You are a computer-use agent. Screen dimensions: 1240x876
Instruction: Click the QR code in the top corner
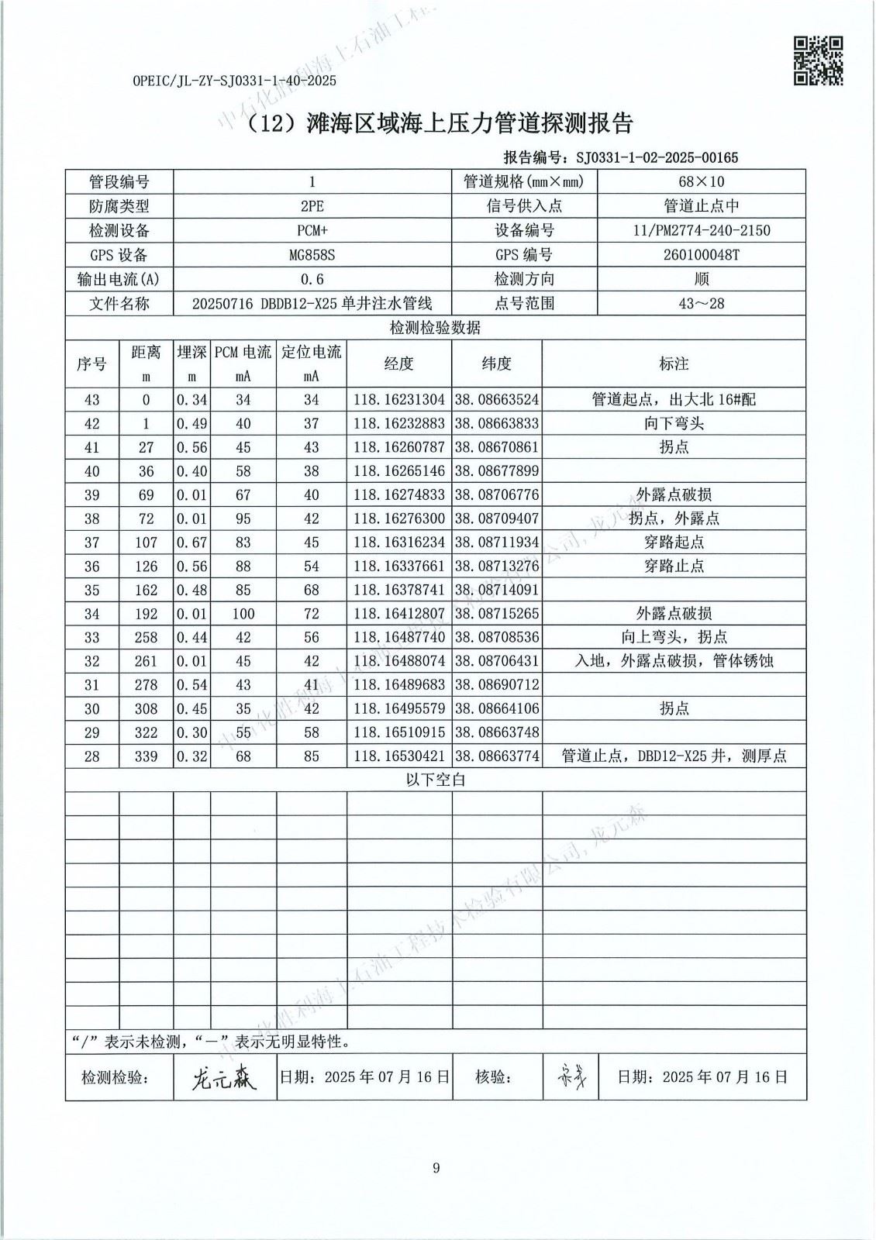818,61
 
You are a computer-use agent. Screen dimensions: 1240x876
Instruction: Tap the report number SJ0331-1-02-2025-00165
657,158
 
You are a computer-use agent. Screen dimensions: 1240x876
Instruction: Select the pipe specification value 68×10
701,182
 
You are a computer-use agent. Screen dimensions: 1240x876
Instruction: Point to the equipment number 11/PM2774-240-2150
701,230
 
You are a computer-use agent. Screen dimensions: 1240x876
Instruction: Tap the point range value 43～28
701,303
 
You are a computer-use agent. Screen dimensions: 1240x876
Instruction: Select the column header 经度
398,363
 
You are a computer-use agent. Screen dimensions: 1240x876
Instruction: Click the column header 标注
673,363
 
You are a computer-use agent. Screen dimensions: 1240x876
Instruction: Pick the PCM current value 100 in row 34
243,614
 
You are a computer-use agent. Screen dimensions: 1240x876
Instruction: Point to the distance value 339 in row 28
146,756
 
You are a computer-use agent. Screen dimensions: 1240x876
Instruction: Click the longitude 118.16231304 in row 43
398,400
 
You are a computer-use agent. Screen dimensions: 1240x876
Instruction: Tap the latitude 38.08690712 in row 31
496,685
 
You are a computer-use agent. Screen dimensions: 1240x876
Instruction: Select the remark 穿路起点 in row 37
673,542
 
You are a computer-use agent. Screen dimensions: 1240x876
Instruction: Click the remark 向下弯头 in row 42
673,424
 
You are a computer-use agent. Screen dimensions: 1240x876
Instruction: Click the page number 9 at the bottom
436,1168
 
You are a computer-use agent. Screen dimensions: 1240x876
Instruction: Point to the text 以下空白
436,780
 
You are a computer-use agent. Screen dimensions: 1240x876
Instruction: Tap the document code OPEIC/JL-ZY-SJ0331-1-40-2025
234,81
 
